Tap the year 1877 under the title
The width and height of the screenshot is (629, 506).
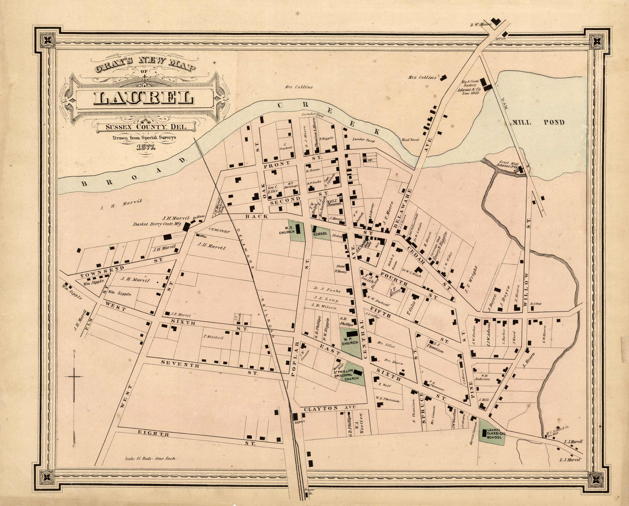[146, 147]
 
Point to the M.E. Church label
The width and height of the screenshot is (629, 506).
[287, 230]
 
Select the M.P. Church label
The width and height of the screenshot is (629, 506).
[350, 341]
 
